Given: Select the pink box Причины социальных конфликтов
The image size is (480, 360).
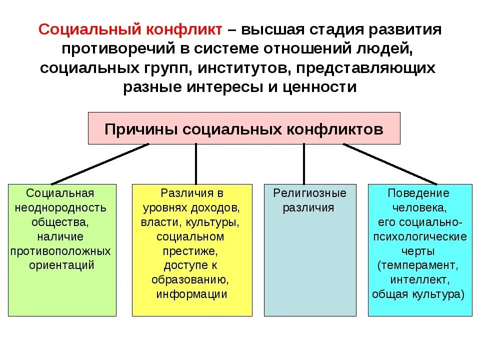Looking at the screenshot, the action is (x=244, y=128).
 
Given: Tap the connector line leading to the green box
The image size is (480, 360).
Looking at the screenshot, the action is (x=100, y=164).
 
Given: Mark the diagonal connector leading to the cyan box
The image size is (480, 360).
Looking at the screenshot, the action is (x=390, y=164).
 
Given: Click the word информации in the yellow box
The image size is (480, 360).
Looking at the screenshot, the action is (x=192, y=294).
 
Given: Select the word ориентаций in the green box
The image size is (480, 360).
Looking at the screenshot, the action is (x=62, y=265).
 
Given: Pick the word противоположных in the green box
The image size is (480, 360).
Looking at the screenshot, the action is (x=60, y=250).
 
